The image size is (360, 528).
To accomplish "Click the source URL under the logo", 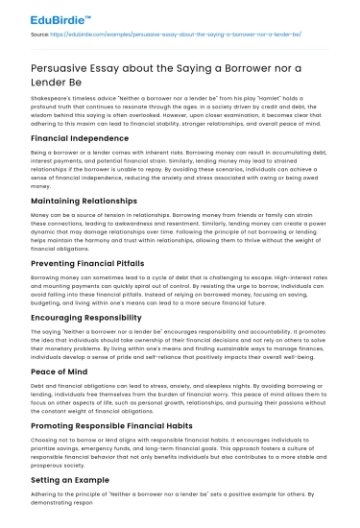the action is tap(179, 35).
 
